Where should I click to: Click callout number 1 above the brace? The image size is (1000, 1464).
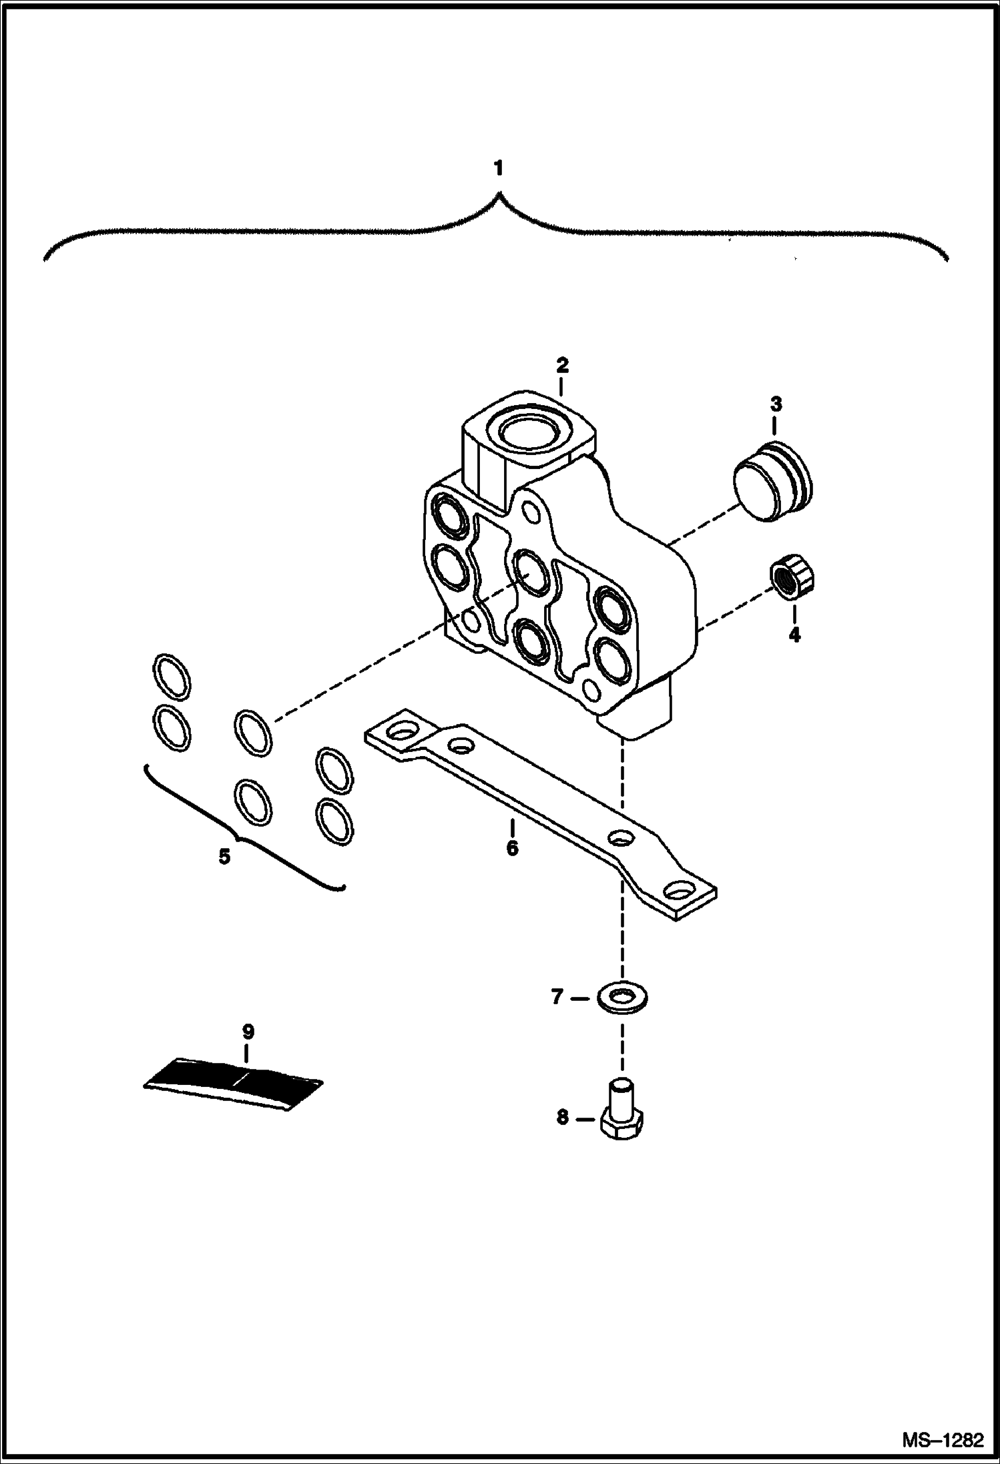click(x=499, y=169)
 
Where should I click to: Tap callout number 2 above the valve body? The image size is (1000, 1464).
click(x=561, y=365)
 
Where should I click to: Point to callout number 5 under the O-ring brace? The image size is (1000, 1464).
click(x=224, y=856)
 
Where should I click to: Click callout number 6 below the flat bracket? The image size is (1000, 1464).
click(x=512, y=848)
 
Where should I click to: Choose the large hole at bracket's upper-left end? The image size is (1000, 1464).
click(x=401, y=734)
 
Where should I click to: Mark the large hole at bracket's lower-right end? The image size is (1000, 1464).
click(x=680, y=892)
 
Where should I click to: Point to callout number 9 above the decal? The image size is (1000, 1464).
click(x=248, y=1032)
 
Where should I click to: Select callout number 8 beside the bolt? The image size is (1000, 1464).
click(x=562, y=1117)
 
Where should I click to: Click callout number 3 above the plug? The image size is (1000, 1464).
click(x=776, y=404)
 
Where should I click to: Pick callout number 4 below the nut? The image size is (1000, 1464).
click(x=794, y=634)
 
